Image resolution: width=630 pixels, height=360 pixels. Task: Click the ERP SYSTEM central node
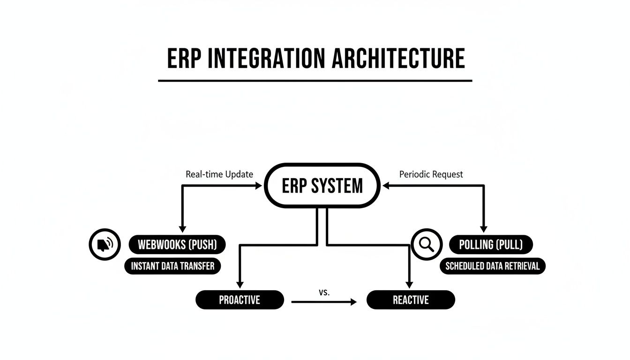coord(322,186)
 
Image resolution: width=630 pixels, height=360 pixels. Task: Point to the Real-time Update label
coord(219,174)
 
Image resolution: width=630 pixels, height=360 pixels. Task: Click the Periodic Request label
coord(431,174)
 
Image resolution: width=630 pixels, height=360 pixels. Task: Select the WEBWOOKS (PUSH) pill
coord(177,245)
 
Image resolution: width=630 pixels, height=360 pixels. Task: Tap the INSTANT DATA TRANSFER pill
coord(172,266)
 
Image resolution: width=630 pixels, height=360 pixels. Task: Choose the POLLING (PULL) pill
coord(491,245)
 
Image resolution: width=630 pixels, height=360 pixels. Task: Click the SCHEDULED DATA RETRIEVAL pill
coord(492,266)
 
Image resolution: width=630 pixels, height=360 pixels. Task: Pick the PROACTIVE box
coord(240,300)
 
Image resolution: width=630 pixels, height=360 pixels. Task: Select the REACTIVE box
coord(411,300)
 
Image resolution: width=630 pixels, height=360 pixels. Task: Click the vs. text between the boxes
coord(324,292)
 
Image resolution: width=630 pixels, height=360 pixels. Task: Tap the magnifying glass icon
coord(427,244)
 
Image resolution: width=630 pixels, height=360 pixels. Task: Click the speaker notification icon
coord(105,244)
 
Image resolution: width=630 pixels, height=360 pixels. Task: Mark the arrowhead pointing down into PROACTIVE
coord(240,285)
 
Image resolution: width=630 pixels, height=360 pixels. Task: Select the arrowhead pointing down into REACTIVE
coord(409,285)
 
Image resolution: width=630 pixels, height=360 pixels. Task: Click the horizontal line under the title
coord(315,81)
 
